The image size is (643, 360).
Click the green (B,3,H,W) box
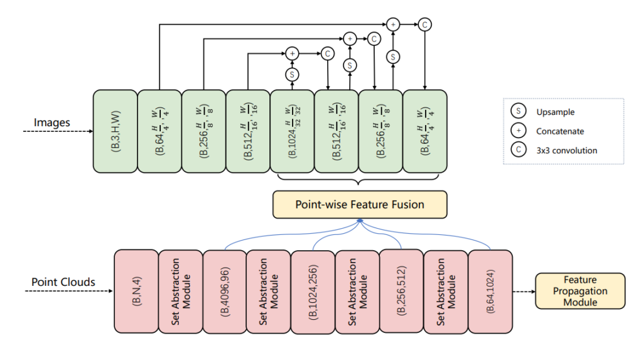[115, 131]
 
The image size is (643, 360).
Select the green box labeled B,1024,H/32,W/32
[292, 131]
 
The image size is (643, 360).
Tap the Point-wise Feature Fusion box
[360, 204]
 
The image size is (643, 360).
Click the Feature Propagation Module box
[580, 291]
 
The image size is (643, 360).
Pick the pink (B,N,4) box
[136, 290]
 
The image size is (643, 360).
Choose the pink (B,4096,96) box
[225, 290]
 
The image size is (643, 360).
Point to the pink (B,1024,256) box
[313, 290]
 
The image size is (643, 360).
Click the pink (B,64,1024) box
[490, 290]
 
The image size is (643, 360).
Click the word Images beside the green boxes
[51, 123]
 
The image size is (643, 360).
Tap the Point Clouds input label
[63, 282]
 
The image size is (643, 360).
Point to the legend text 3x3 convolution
[566, 150]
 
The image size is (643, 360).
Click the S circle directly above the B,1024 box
[292, 74]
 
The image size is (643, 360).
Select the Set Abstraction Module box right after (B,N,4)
[180, 290]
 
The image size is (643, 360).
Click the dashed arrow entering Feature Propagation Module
[524, 291]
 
